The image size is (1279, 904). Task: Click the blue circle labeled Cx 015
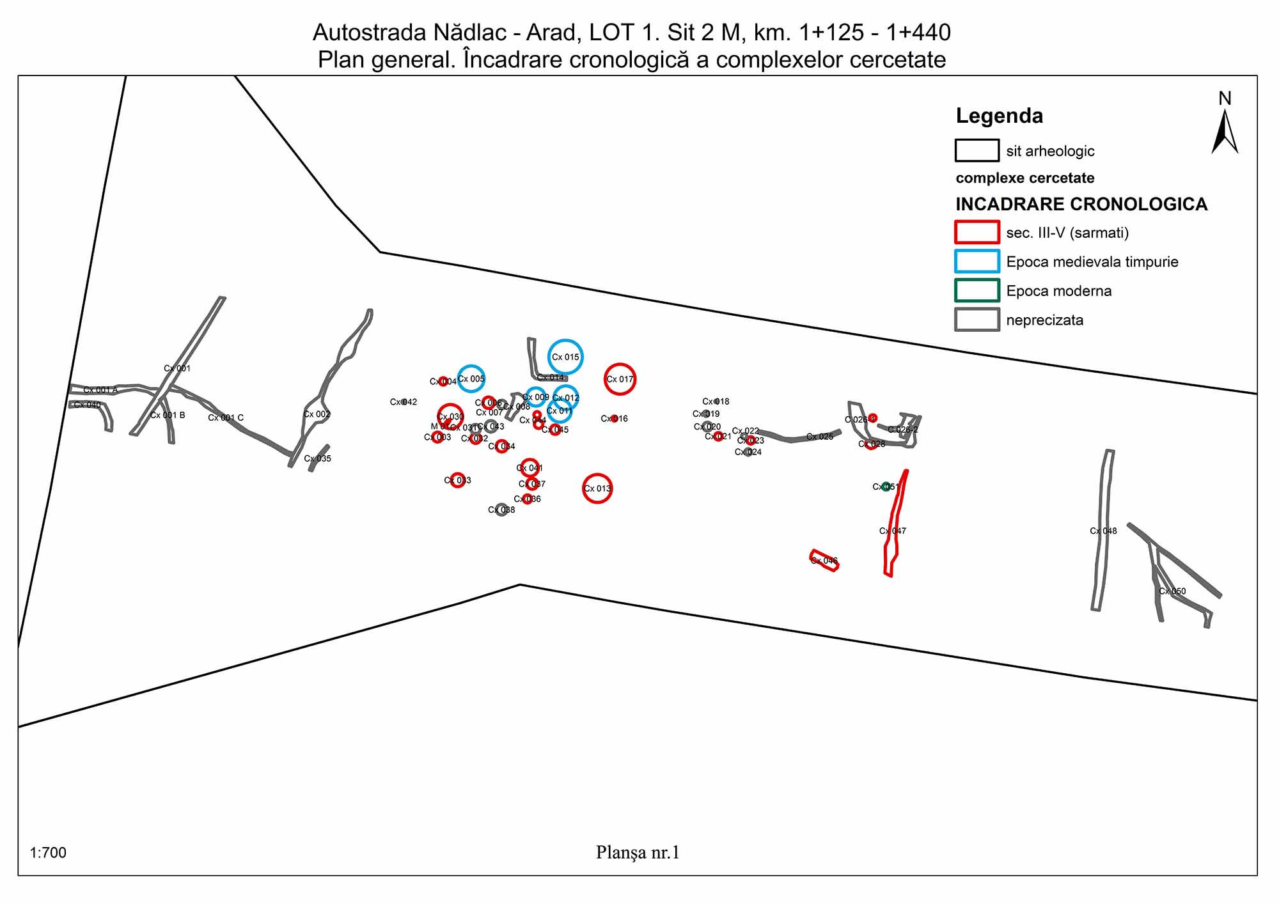coord(565,357)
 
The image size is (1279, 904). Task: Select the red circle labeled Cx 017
coord(620,379)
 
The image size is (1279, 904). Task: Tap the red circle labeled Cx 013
coord(597,488)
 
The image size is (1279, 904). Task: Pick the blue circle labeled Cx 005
coord(471,379)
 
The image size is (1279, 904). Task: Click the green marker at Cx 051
coord(886,487)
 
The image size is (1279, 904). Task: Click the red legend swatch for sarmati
coord(977,232)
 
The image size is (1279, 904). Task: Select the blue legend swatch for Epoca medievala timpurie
coord(977,261)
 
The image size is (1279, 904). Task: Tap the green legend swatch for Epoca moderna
coord(977,290)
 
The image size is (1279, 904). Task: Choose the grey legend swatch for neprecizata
coord(977,320)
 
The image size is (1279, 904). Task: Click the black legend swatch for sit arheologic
coord(977,151)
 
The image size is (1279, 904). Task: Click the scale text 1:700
coord(48,853)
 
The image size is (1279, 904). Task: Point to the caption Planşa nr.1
coord(638,852)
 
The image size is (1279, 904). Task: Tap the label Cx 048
coord(1103,531)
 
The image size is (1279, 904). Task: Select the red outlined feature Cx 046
coord(824,560)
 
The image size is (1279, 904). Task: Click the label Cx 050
coord(1172,591)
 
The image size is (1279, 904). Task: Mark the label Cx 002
coord(317,414)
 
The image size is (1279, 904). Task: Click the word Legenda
coord(999,116)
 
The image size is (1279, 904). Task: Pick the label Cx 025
coord(820,437)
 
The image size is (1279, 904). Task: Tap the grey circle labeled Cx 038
coord(501,510)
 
